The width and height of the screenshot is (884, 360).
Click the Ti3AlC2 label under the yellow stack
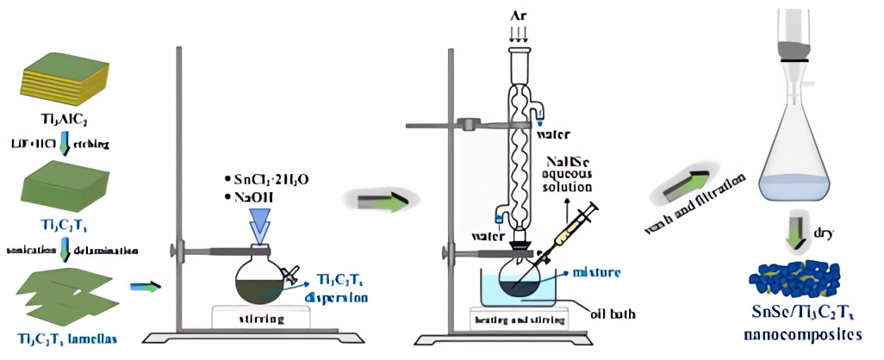click(x=59, y=120)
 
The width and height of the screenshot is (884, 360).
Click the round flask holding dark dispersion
click(x=258, y=276)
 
